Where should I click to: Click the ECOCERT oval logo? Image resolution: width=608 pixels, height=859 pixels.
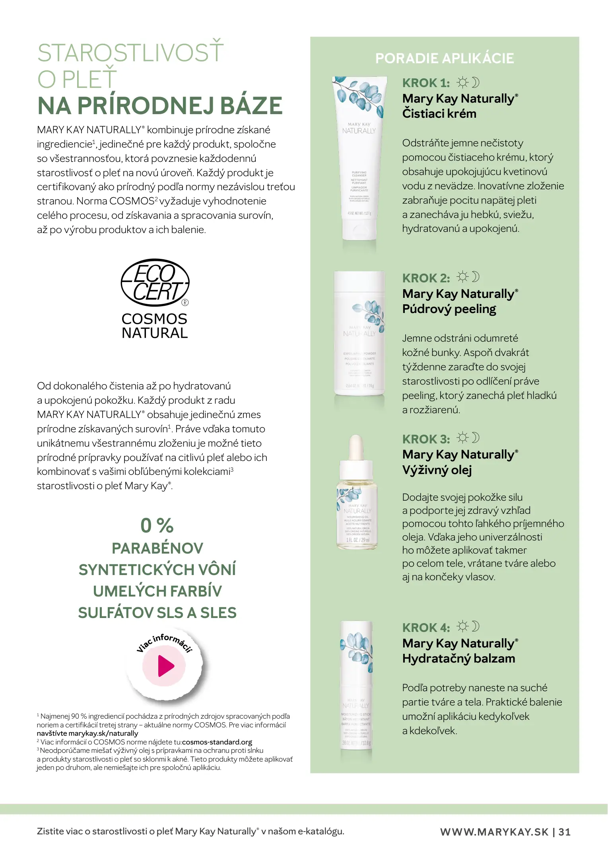click(x=155, y=283)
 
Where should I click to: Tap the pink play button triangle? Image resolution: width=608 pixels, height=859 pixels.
click(x=166, y=666)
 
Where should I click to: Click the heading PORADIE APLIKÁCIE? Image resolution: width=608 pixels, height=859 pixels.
click(x=445, y=58)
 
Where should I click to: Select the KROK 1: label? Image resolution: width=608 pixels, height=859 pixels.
click(x=426, y=83)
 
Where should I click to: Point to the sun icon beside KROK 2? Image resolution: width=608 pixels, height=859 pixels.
click(x=462, y=276)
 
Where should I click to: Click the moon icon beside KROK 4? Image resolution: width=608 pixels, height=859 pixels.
click(x=476, y=626)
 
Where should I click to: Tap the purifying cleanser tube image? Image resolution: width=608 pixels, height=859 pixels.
click(x=359, y=159)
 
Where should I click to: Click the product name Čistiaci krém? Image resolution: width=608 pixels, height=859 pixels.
click(x=439, y=114)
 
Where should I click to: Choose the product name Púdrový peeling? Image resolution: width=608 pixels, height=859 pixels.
click(x=449, y=309)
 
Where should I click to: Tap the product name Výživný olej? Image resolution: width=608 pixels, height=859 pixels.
click(x=437, y=470)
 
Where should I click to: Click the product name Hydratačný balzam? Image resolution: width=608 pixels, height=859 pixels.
click(x=458, y=659)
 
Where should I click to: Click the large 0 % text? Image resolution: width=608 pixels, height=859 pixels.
click(x=157, y=525)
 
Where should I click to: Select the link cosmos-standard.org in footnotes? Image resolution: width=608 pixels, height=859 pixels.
click(x=217, y=742)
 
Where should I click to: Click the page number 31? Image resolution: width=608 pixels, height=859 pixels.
click(x=565, y=832)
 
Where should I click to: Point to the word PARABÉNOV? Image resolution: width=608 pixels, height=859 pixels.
click(x=157, y=548)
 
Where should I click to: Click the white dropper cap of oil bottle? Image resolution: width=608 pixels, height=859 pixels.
click(x=356, y=447)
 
